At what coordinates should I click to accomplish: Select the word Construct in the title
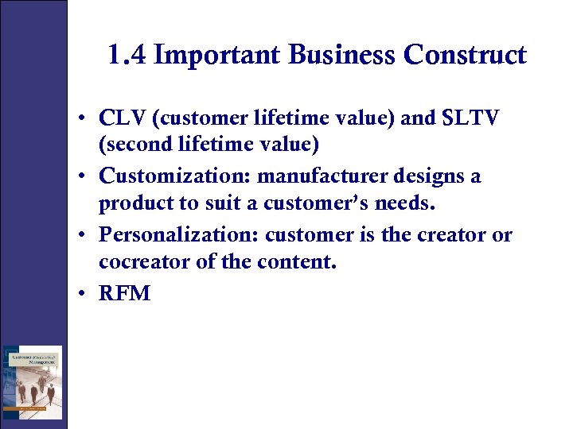[x=465, y=55]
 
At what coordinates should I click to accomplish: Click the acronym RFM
[x=124, y=293]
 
